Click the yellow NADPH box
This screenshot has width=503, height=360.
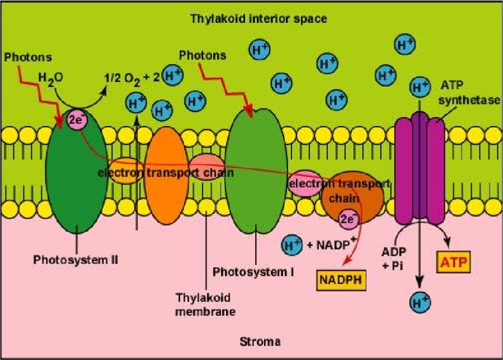pos(341,280)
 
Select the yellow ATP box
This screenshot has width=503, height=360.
pos(453,262)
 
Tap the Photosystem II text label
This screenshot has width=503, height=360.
pos(76,260)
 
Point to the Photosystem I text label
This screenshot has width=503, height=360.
pos(253,272)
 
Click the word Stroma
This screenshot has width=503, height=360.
pos(260,342)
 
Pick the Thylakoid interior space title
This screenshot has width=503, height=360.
pos(258,18)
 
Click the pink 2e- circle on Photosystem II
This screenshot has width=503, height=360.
pos(77,120)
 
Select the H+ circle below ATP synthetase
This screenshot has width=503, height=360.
pos(420,303)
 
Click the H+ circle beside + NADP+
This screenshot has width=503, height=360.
pos(291,246)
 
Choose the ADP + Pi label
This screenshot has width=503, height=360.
pos(394,258)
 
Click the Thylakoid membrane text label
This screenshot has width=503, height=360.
pos(205,305)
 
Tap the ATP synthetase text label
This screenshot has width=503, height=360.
pos(469,93)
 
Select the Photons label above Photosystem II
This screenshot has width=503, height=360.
pos(28,57)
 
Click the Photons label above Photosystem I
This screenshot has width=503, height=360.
pos(203,55)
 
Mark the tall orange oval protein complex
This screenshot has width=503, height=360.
pos(166,175)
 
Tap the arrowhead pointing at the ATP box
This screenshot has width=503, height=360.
pos(448,243)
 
